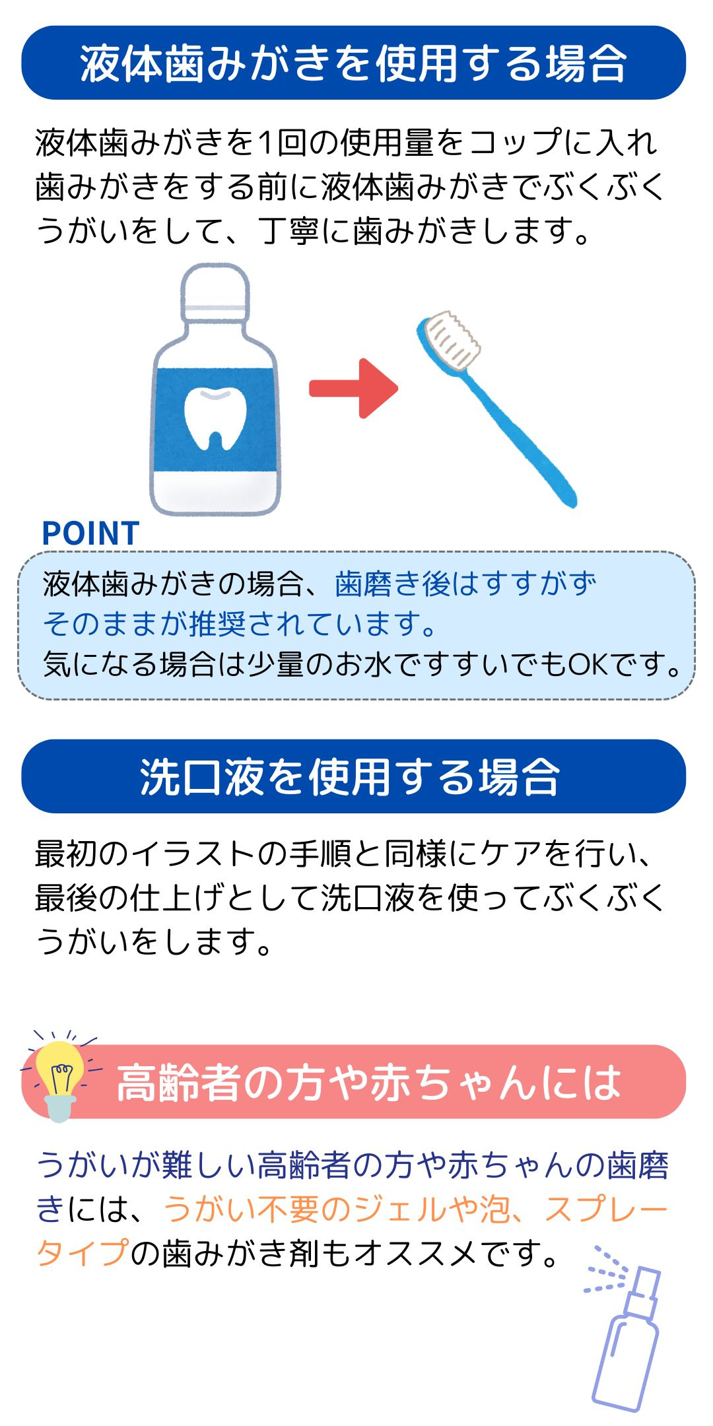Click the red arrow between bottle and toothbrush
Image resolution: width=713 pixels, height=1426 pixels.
coord(354,388)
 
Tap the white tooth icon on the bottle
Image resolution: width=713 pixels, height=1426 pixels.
coord(215,419)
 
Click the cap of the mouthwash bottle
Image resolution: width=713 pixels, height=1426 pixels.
coord(215,289)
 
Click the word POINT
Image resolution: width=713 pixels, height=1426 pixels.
coord(90,533)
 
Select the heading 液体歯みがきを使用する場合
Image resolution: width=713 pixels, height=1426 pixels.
coord(353,63)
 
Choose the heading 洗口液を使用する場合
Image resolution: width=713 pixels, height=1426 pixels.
coord(350,776)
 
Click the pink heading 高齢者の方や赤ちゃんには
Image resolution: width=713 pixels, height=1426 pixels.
coord(368,1083)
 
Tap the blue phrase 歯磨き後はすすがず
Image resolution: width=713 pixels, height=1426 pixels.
coord(465,584)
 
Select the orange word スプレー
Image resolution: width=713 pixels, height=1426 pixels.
coord(607,1209)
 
